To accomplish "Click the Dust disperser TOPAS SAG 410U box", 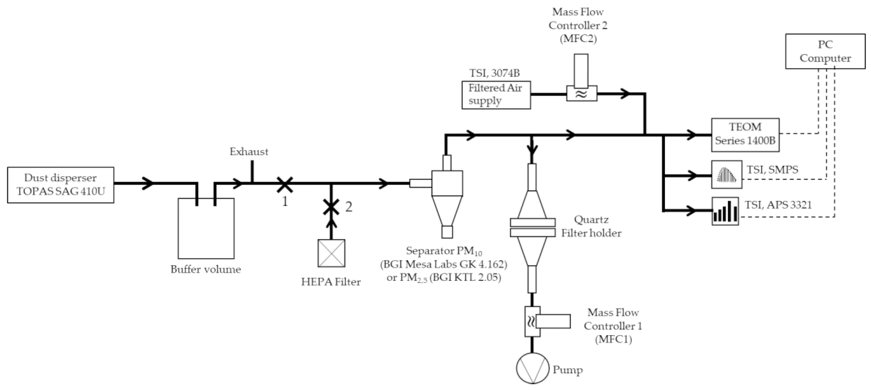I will coord(61,185).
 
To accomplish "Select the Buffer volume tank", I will coord(206,228).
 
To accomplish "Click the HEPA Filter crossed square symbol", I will coord(332,253).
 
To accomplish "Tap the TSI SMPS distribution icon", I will coord(726,175).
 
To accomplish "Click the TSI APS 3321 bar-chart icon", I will coord(725,211).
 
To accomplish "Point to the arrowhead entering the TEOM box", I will coord(692,134).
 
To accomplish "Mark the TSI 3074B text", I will coord(495,73).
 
